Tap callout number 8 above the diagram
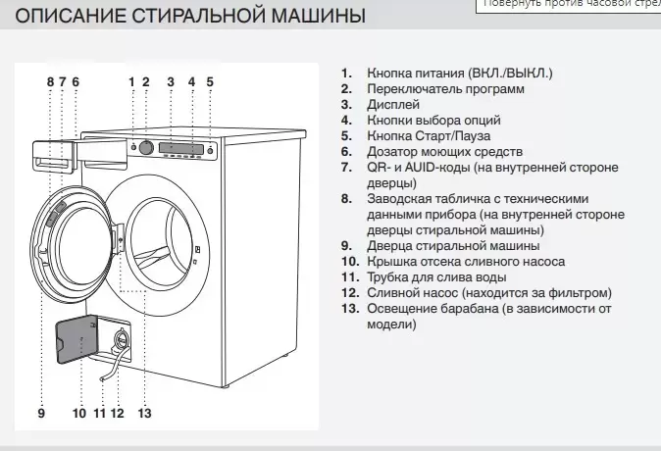point(50,81)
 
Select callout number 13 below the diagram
point(144,413)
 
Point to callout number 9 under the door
point(41,413)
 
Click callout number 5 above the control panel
point(210,81)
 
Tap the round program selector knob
point(145,147)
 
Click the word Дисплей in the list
point(393,105)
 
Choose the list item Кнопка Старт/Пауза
point(429,136)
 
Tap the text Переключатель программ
point(445,89)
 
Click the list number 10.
point(350,262)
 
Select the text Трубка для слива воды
point(436,277)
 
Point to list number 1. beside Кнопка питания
point(345,74)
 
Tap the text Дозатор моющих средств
point(444,152)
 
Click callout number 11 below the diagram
point(99,413)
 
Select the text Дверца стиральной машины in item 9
point(453,246)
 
